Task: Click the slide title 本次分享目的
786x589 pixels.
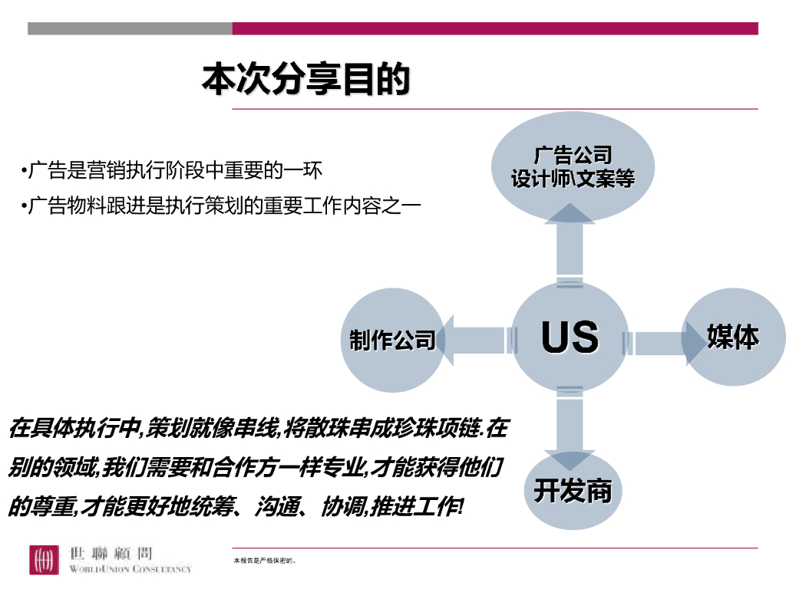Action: [305, 80]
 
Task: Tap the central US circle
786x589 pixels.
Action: [570, 337]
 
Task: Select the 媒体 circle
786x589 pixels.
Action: [734, 337]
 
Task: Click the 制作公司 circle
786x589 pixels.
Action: [392, 341]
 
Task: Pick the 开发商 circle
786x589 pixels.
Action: [573, 490]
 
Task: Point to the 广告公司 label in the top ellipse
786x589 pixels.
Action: [573, 156]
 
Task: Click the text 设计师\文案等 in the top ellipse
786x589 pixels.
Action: [573, 180]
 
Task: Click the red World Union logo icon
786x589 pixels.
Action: [44, 560]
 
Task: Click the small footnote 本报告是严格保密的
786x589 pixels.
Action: [265, 561]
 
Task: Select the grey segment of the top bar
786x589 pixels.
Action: [130, 28]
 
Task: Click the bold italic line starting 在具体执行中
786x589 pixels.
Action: [258, 428]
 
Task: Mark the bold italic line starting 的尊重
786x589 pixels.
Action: [235, 506]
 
